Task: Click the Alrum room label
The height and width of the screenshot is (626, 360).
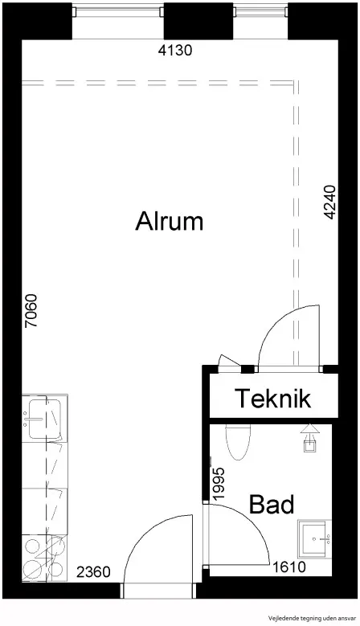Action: [x=170, y=221]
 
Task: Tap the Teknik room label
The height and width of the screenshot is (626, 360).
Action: [x=273, y=398]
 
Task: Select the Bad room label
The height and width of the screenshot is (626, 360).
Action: [x=272, y=504]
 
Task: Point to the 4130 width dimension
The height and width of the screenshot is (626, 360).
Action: [x=175, y=51]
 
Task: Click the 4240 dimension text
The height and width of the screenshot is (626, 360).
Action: [x=329, y=202]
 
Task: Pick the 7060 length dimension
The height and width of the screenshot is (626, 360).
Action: [x=31, y=311]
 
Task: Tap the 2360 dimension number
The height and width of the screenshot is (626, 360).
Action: [x=93, y=572]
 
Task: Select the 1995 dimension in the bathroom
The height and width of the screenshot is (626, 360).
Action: [x=219, y=483]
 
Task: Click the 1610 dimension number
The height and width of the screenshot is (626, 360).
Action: [x=288, y=566]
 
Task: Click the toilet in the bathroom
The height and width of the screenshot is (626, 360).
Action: [x=238, y=442]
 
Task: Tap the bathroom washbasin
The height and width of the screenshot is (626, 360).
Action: [x=315, y=538]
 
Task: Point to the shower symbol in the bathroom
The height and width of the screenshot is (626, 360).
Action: [x=309, y=438]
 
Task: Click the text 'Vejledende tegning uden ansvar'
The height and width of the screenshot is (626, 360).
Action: [x=312, y=617]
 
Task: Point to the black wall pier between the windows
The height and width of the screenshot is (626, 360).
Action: [x=198, y=21]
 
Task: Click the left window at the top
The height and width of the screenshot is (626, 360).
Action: [x=118, y=11]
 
